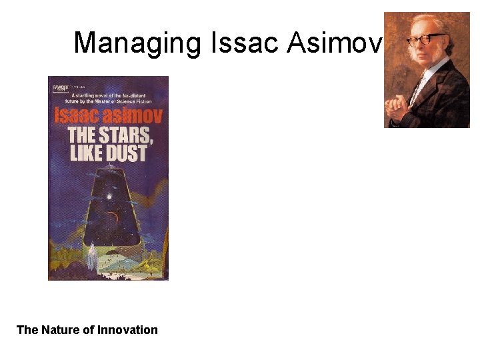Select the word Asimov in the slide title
pyautogui.click(x=334, y=43)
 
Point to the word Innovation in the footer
pyautogui.click(x=127, y=330)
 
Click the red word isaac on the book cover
pyautogui.click(x=77, y=115)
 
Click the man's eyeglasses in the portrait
pyautogui.click(x=427, y=38)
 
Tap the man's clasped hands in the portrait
pyautogui.click(x=401, y=107)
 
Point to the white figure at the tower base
pyautogui.click(x=90, y=253)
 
